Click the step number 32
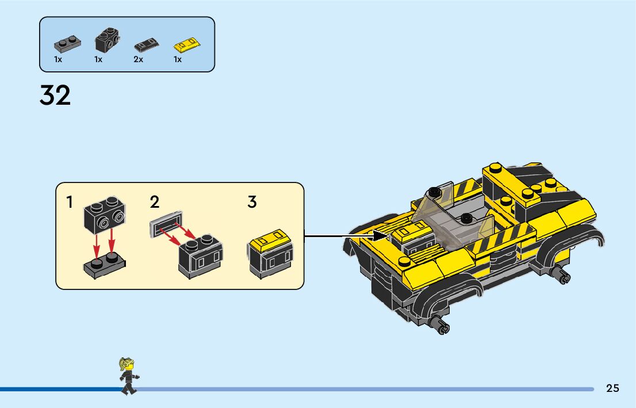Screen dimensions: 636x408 [55, 95]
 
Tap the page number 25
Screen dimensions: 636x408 [612, 388]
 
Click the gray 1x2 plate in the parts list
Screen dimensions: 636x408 [67, 43]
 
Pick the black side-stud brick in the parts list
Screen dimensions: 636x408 [106, 39]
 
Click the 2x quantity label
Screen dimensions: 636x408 [138, 59]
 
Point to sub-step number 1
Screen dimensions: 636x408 [70, 203]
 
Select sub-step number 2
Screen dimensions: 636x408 [154, 203]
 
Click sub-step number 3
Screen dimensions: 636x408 [252, 203]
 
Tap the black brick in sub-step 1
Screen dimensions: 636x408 [105, 217]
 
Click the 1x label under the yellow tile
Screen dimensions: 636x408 [178, 59]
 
